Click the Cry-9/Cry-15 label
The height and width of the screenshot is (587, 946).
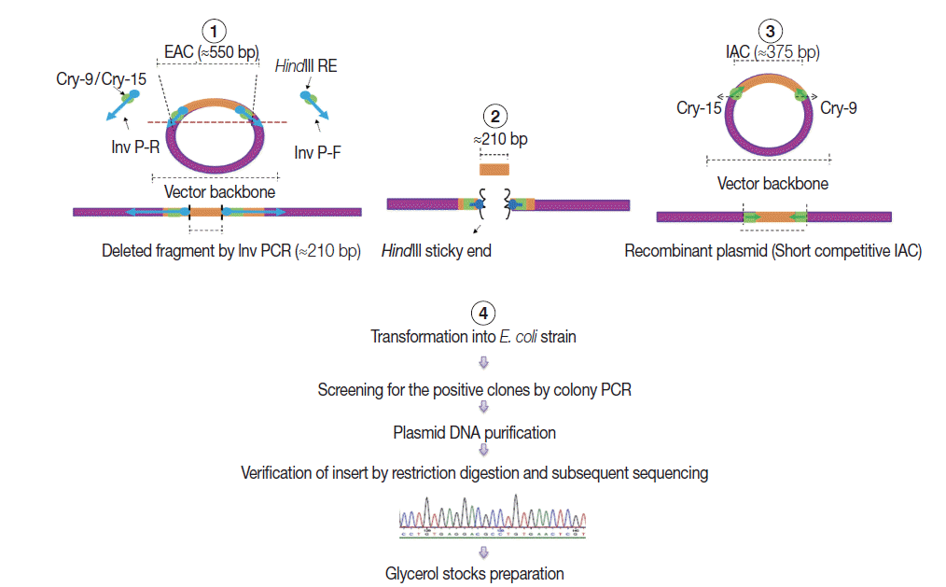pyautogui.click(x=101, y=79)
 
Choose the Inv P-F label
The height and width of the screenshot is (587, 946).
pyautogui.click(x=317, y=152)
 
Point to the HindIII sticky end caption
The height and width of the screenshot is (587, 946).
pyautogui.click(x=437, y=250)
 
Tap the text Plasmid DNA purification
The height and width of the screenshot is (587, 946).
pyautogui.click(x=475, y=432)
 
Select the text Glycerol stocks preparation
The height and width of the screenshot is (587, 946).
pyautogui.click(x=475, y=573)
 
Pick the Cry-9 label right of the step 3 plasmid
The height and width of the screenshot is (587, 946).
pyautogui.click(x=839, y=108)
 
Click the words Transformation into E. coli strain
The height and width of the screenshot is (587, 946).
pyautogui.click(x=473, y=336)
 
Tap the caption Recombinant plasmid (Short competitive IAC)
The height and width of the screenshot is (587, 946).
pyautogui.click(x=773, y=250)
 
